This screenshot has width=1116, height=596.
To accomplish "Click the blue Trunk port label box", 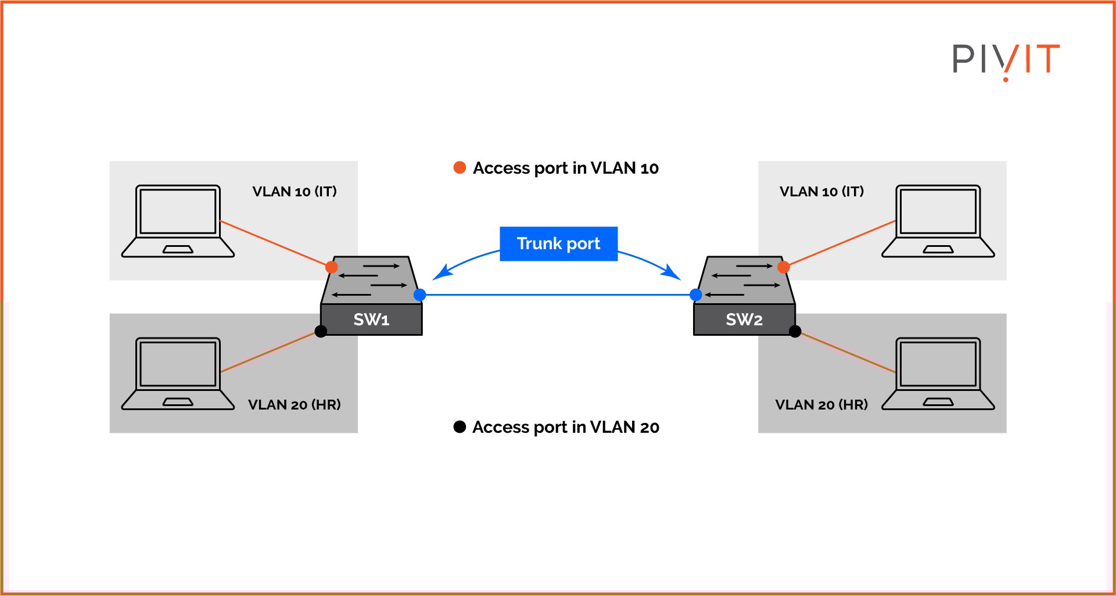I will [558, 243].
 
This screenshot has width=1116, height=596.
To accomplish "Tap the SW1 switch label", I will [371, 319].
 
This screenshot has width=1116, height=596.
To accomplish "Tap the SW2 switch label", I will [744, 319].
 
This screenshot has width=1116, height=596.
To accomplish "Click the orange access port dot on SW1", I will [331, 267].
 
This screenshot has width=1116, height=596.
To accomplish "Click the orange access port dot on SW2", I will [783, 267].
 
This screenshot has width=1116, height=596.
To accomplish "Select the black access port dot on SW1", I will [321, 331].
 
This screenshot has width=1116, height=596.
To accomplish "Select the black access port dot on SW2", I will [795, 331].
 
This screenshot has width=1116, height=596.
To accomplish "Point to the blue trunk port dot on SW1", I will [419, 295].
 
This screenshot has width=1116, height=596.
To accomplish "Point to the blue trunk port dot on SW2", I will [696, 295].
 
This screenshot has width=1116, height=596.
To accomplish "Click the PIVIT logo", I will [1006, 60].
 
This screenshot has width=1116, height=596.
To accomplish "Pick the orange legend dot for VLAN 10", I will [460, 168].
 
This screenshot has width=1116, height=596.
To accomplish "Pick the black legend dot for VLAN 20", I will [460, 427].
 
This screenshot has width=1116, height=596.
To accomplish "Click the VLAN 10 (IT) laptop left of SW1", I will [178, 221].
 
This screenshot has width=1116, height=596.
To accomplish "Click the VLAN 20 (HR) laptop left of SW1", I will [178, 374].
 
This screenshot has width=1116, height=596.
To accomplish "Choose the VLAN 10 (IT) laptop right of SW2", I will [938, 221].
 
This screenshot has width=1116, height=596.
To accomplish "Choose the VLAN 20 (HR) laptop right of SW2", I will [938, 374].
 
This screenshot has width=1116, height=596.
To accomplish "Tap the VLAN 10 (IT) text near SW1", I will [295, 192].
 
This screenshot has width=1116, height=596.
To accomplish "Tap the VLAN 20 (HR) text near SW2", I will [821, 405].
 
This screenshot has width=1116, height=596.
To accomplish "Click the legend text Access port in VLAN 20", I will [566, 427].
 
